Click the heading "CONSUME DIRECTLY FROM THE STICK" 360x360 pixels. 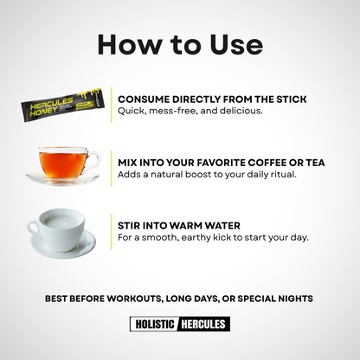click(x=212, y=100)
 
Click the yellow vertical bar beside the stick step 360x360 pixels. click(x=111, y=105)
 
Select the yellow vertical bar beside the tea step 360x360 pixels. click(x=111, y=168)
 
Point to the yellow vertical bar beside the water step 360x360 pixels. click(x=111, y=231)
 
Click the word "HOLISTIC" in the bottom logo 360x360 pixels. click(x=153, y=325)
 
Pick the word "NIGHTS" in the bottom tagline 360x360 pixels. click(x=293, y=299)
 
